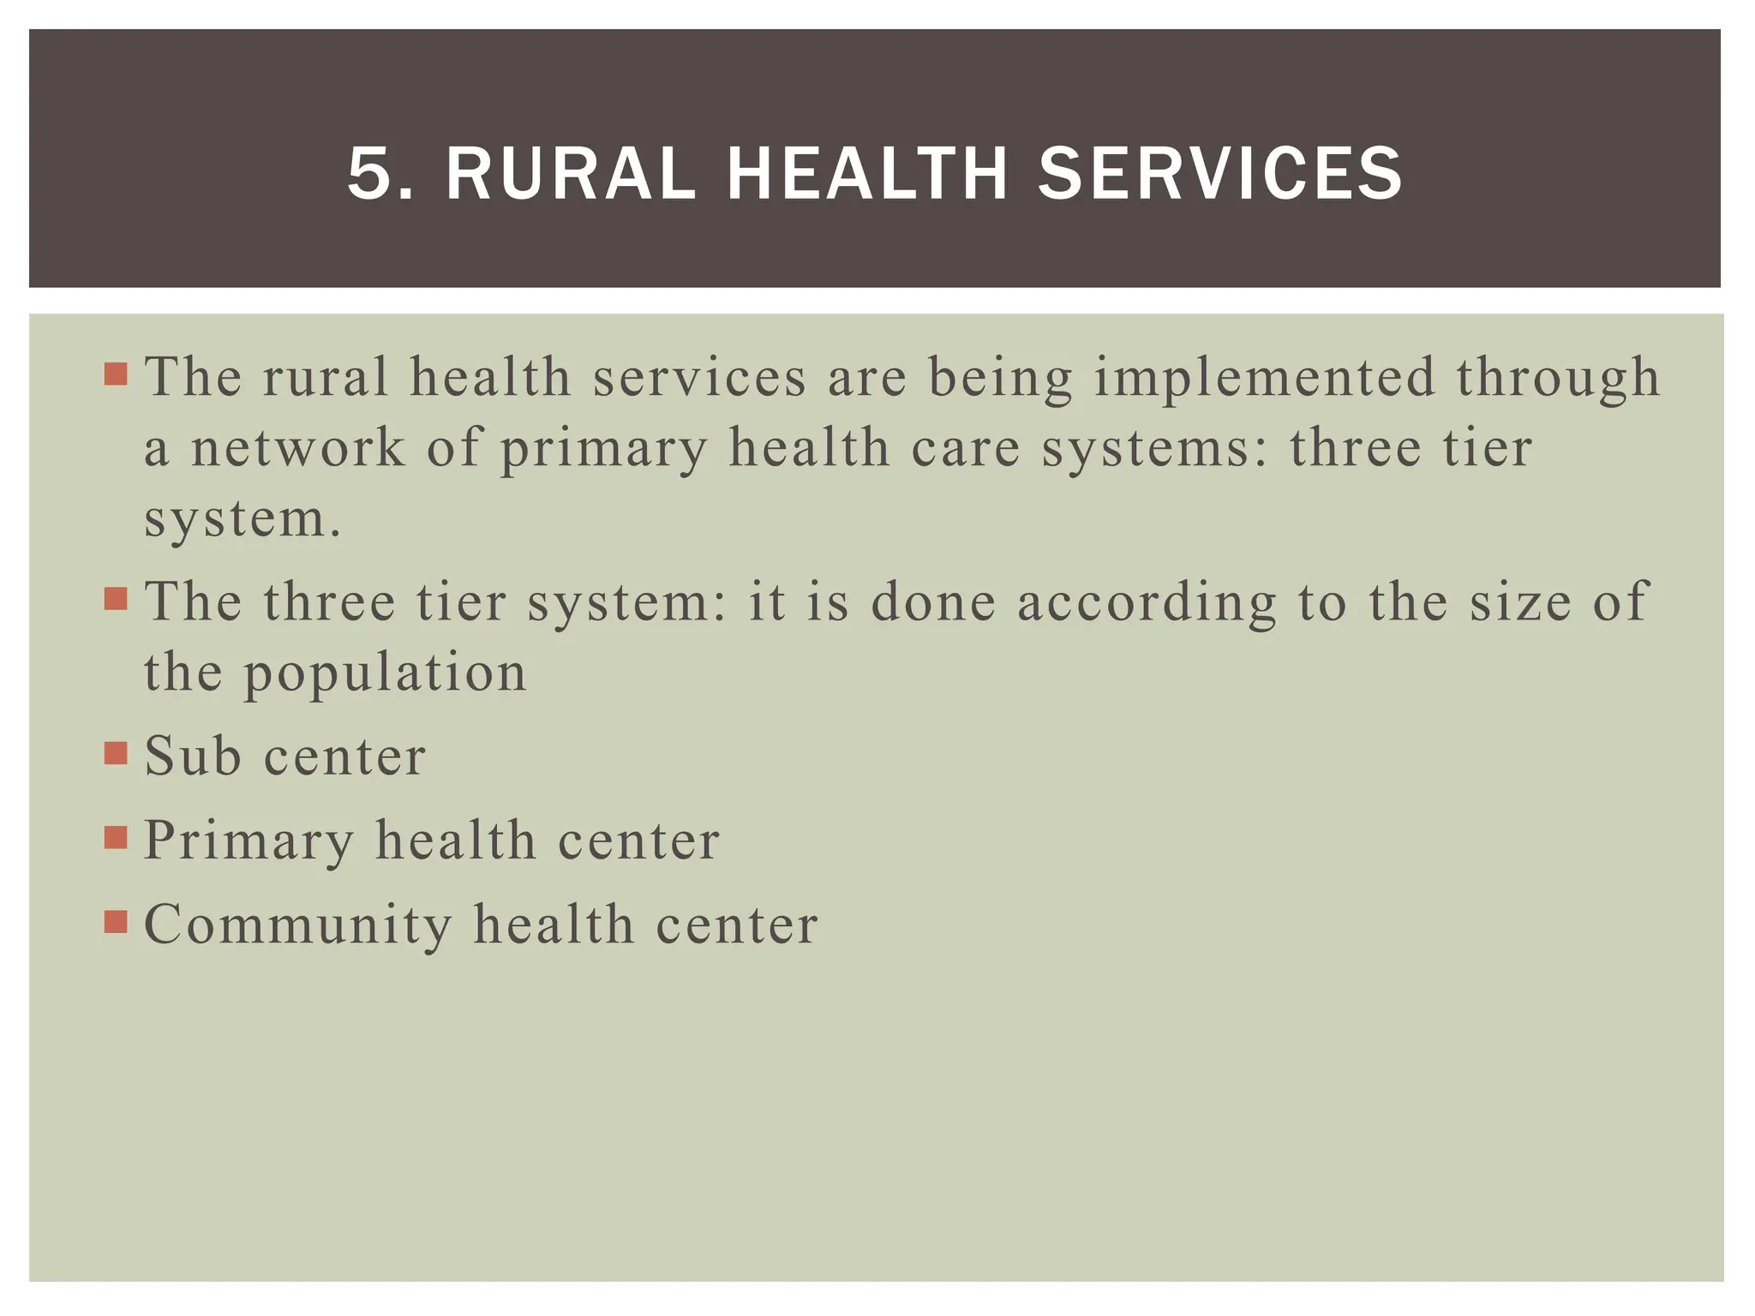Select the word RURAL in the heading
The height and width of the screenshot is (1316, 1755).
coord(571,174)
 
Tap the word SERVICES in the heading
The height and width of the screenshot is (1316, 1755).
coord(1219,174)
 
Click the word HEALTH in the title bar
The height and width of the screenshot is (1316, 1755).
coord(866,174)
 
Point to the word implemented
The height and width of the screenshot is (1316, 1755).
coord(1264,377)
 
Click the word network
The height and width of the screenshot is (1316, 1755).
coord(297,447)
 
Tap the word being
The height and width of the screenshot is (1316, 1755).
coord(1000,379)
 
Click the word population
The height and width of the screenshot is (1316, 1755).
coord(386,673)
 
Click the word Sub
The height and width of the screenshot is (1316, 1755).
coord(192,756)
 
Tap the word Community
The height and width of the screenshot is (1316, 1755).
coord(297,925)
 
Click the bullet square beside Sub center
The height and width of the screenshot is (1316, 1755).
coord(116,753)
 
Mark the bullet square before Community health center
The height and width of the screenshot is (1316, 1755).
coord(116,922)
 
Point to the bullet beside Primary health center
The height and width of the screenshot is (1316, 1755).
coord(116,837)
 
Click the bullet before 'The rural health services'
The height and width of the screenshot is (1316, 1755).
coord(116,374)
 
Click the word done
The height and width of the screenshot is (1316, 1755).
coord(933,601)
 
